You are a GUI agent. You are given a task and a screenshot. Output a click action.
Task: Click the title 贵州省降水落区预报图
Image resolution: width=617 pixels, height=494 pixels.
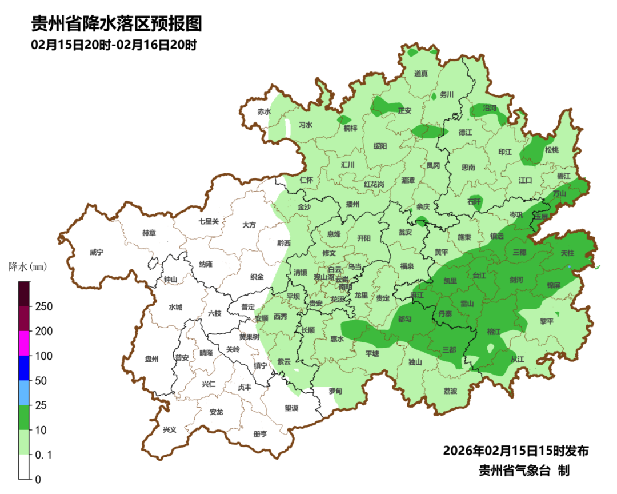(117, 25)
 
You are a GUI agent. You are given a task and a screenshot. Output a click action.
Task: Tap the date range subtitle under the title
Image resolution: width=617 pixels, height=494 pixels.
(114, 45)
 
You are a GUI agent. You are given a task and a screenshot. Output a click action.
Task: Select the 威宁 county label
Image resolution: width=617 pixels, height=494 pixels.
(97, 252)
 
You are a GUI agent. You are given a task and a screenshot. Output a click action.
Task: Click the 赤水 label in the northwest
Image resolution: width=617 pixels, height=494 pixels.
(263, 111)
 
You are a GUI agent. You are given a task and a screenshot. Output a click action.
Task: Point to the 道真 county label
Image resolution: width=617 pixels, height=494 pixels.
(421, 74)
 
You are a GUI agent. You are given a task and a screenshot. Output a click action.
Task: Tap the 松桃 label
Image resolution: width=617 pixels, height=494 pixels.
(551, 150)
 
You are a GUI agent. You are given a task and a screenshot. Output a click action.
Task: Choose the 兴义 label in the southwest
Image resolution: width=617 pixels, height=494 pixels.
(170, 429)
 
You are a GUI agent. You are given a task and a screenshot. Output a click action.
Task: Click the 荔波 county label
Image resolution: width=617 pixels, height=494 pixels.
(450, 391)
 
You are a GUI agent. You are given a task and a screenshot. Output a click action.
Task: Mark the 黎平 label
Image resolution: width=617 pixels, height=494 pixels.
(547, 321)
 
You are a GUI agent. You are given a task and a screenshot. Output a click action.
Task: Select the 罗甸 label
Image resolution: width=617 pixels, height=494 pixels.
(335, 391)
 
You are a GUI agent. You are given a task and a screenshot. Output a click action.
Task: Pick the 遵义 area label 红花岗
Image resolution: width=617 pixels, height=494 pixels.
(374, 185)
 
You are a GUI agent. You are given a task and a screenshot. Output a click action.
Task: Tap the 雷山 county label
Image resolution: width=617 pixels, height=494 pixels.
(467, 304)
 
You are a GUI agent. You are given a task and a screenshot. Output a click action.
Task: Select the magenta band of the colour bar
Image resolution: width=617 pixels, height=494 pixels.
(24, 343)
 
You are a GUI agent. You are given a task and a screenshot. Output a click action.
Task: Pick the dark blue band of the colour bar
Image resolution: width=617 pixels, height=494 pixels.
(24, 368)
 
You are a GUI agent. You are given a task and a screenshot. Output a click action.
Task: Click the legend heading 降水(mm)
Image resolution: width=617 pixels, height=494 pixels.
(27, 267)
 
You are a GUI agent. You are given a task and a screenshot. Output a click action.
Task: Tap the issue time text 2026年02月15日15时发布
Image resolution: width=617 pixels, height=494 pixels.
(515, 451)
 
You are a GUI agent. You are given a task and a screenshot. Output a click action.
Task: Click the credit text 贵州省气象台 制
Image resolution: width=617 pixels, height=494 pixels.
(524, 471)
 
